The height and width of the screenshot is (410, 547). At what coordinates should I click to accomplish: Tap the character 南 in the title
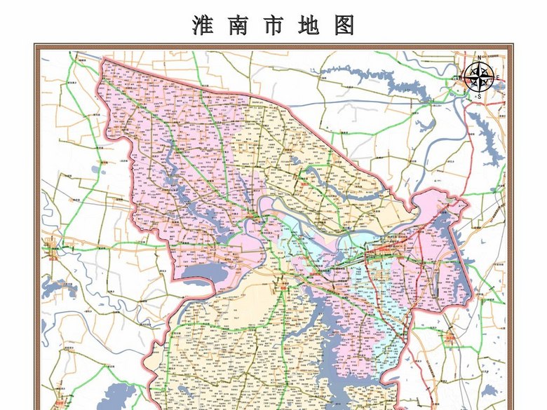pyautogui.click(x=238, y=25)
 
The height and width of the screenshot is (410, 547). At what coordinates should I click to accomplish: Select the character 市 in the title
pyautogui.click(x=273, y=25)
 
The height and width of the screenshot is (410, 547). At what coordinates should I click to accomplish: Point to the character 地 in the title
pyautogui.click(x=309, y=25)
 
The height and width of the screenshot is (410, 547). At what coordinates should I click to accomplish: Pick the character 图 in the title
pyautogui.click(x=345, y=25)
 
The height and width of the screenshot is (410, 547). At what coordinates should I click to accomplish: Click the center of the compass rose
pyautogui.click(x=479, y=76)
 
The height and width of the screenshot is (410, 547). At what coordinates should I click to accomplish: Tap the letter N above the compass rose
pyautogui.click(x=479, y=57)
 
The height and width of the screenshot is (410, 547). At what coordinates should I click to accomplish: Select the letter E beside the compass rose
pyautogui.click(x=497, y=76)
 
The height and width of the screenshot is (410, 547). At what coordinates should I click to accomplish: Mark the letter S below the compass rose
pyautogui.click(x=479, y=95)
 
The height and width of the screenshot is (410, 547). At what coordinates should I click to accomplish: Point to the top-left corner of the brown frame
pyautogui.click(x=35, y=46)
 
